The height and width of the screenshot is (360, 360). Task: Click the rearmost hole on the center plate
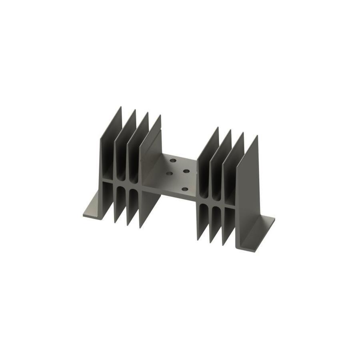pyautogui.click(x=173, y=160)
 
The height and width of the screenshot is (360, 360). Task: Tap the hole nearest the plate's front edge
pyautogui.click(x=184, y=189)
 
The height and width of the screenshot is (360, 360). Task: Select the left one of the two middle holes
pyautogui.click(x=169, y=174)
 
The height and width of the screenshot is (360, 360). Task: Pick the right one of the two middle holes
pyautogui.click(x=186, y=171)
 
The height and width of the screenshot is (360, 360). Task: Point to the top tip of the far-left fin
pyautogui.click(x=120, y=108)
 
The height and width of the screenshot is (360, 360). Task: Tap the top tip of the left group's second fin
pyautogui.click(x=134, y=111)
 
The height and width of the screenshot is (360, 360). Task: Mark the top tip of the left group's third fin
pyautogui.click(x=147, y=114)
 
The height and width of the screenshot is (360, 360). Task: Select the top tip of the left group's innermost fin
pyautogui.click(x=160, y=116)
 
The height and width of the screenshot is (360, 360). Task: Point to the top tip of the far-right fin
pyautogui.click(x=256, y=136)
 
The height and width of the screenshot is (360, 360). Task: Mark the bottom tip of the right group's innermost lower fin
pyautogui.click(x=198, y=239)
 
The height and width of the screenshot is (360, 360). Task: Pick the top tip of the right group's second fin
pyautogui.click(x=230, y=131)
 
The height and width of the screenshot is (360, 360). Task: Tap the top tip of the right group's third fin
pyautogui.click(x=243, y=134)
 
